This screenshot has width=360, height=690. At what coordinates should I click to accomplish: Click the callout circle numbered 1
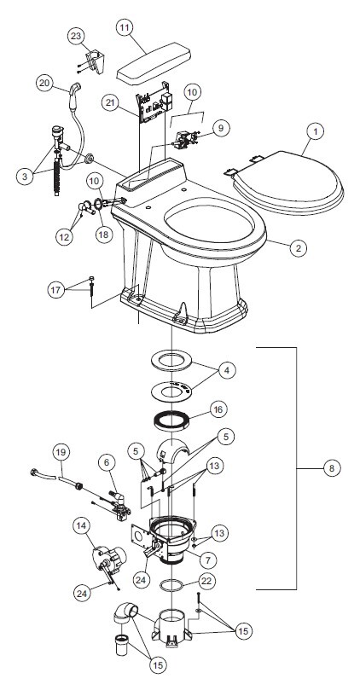(315, 130)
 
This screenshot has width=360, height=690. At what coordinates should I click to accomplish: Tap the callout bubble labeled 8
(331, 468)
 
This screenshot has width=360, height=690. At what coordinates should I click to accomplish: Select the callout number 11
(125, 27)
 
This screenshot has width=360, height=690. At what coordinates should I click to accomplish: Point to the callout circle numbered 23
(77, 36)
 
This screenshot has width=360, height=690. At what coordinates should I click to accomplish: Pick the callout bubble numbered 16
(218, 409)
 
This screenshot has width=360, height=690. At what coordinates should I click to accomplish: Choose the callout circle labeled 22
(206, 581)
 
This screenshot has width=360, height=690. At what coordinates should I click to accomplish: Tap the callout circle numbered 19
(61, 453)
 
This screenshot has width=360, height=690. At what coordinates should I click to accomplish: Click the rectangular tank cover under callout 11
(154, 64)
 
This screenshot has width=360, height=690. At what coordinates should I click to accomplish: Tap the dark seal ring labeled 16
(171, 420)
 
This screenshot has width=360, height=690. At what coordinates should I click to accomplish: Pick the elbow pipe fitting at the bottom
(125, 613)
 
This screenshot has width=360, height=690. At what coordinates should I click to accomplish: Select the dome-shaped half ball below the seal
(172, 449)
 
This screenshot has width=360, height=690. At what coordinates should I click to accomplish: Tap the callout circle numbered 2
(299, 247)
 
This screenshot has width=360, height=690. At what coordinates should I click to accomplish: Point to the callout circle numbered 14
(82, 525)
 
